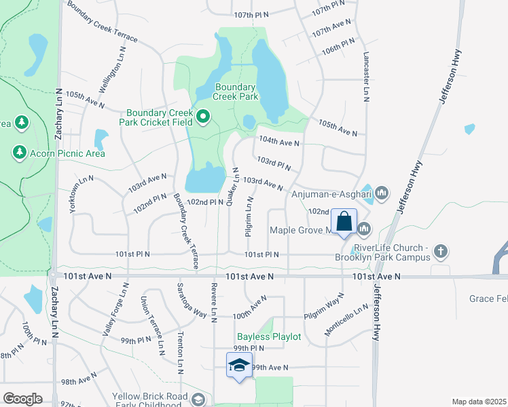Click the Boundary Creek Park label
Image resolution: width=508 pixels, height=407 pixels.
(235, 92)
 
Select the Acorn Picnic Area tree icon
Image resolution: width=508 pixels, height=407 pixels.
(20, 153)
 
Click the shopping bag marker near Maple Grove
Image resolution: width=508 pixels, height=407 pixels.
(344, 222)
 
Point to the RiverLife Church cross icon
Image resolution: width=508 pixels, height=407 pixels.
(440, 252)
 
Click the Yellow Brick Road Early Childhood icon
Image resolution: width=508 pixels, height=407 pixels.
(198, 400)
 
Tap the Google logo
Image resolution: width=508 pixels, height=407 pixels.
(23, 399)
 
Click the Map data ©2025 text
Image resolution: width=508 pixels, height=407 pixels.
(479, 402)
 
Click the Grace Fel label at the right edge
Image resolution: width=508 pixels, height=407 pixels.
(488, 298)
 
